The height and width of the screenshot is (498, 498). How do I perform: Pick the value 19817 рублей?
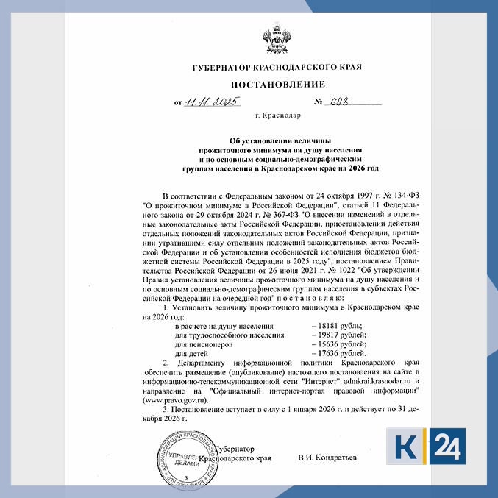[x=339, y=335]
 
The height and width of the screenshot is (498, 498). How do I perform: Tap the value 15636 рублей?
[x=339, y=344]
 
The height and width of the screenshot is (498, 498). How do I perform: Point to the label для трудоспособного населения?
[x=230, y=335]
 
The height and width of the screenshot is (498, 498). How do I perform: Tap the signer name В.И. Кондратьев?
[x=327, y=458]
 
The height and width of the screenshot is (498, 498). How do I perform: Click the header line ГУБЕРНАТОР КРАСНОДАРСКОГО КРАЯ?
[x=277, y=67]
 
